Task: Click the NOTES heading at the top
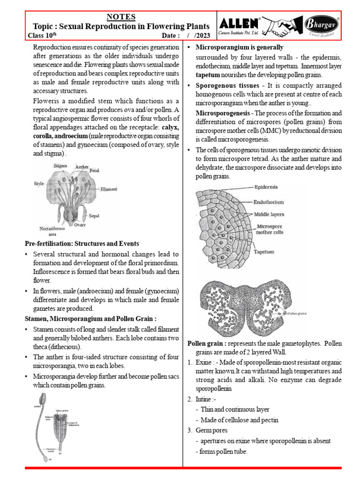[121, 17]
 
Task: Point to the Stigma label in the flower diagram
[60, 165]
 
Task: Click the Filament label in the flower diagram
[109, 189]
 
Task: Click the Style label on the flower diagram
[38, 184]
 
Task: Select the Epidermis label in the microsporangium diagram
[266, 187]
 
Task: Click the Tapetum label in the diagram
[264, 252]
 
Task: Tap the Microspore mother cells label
[270, 228]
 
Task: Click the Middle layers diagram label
[269, 214]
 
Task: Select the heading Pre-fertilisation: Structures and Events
[82, 244]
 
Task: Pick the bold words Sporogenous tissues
[220, 85]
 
